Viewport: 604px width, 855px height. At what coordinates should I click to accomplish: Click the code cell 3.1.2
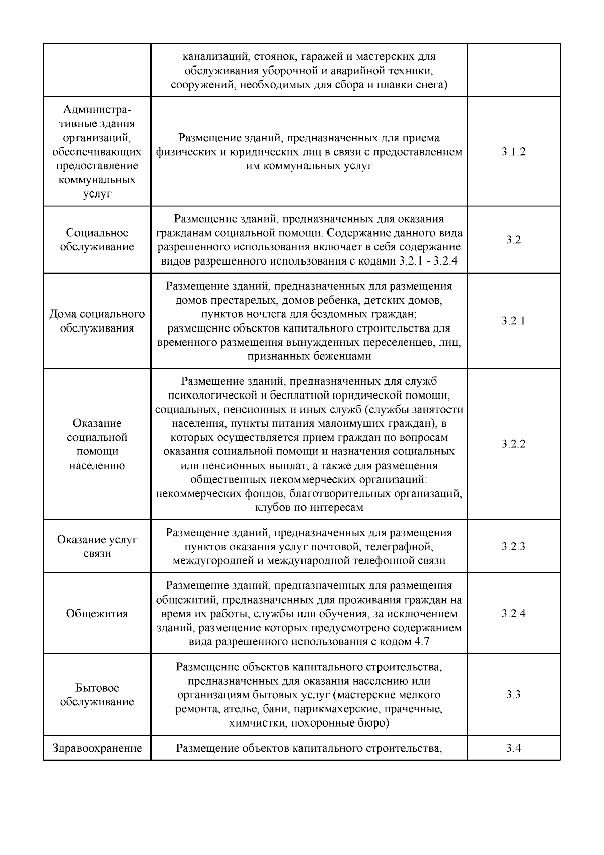pos(513,152)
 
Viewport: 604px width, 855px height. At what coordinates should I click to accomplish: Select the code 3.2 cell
pos(513,240)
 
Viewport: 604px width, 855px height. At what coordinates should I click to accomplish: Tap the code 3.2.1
pos(513,321)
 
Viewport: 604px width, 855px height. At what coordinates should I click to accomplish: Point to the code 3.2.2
pos(513,444)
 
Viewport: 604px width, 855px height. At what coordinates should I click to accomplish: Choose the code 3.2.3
pos(513,546)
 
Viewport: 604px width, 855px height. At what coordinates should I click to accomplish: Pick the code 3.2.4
pos(513,613)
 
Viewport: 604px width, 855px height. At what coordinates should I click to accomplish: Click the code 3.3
pos(513,695)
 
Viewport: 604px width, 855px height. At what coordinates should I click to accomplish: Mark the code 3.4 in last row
pos(513,748)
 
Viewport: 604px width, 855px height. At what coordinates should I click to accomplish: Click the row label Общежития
pos(97,613)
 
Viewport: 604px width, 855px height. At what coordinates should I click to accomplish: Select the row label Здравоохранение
pos(97,748)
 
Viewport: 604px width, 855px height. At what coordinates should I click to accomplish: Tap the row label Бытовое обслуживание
pos(97,695)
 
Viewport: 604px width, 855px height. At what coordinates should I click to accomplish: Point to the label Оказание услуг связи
pos(97,546)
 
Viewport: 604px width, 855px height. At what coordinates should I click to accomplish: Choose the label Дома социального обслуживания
pos(97,321)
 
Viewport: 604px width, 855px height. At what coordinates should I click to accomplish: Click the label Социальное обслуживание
pos(97,240)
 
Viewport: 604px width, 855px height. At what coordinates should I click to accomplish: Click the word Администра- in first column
pos(97,110)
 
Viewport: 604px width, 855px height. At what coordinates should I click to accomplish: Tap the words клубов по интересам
pos(309,507)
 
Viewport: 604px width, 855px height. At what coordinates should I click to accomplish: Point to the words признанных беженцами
pos(309,356)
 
